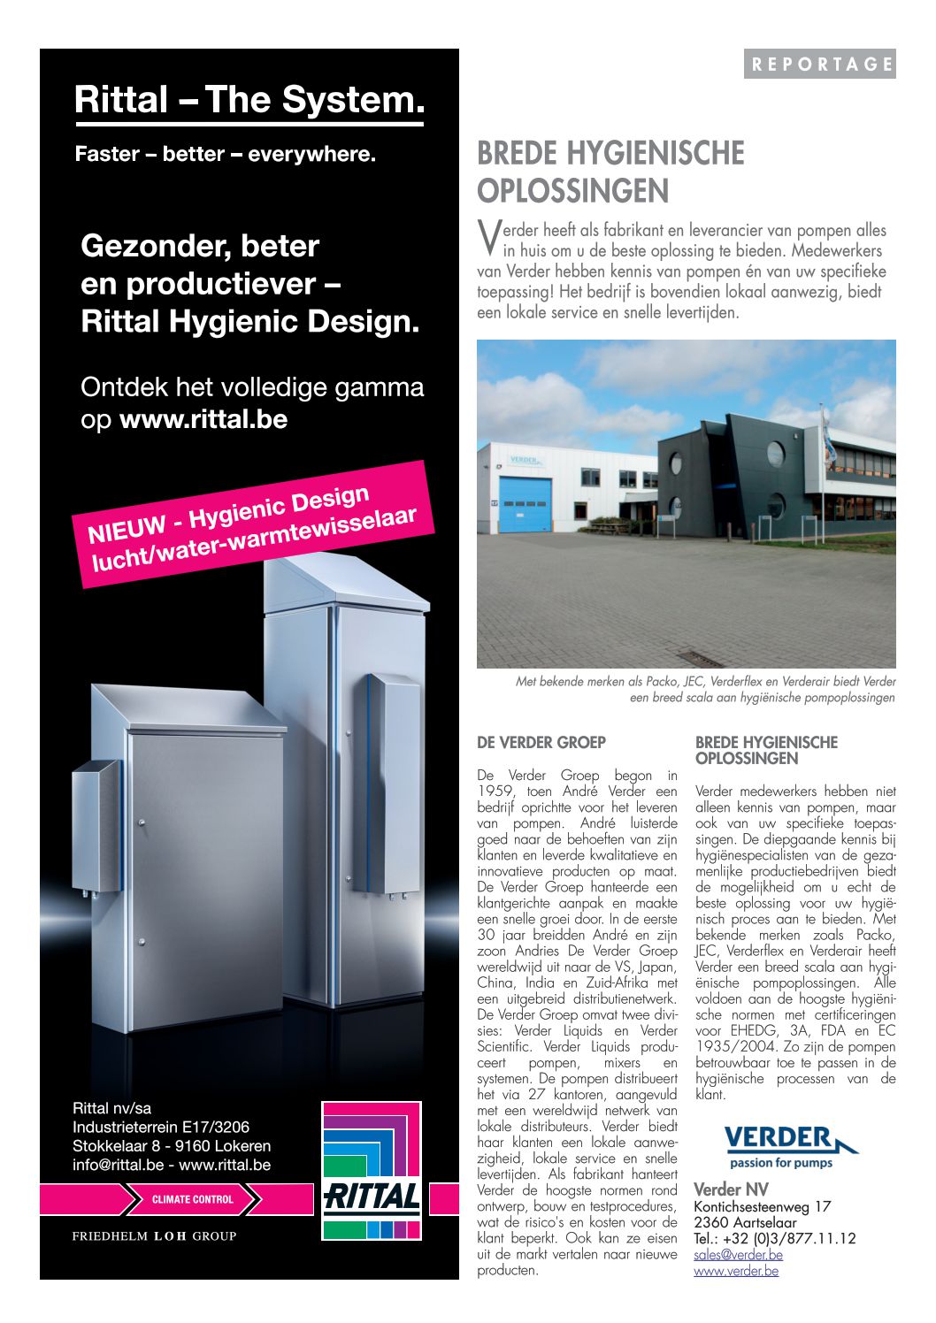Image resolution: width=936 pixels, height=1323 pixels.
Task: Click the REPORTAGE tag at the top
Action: click(x=820, y=64)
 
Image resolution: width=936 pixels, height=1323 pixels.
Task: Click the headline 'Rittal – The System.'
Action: click(x=249, y=99)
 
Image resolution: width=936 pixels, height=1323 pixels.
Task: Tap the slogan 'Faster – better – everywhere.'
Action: click(x=225, y=154)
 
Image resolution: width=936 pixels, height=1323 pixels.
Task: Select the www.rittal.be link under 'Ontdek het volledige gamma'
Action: click(x=203, y=419)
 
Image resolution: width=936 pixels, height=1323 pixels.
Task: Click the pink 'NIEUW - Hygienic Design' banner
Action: click(x=254, y=524)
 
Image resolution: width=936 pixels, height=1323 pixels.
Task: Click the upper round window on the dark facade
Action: click(x=775, y=454)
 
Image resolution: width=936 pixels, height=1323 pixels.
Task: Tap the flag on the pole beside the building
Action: click(x=828, y=432)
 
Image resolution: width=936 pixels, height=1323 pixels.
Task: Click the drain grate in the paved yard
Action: click(x=704, y=659)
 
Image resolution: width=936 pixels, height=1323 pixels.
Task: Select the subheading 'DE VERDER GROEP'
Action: click(x=541, y=743)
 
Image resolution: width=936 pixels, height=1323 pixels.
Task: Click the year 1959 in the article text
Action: click(x=495, y=792)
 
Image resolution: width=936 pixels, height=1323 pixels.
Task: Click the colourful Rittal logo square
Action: click(x=372, y=1170)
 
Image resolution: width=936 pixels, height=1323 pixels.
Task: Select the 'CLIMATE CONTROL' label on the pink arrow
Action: click(x=192, y=1199)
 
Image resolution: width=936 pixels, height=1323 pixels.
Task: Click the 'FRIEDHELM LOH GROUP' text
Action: click(x=154, y=1235)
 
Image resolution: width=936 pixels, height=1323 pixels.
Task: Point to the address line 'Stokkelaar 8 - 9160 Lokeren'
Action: click(x=172, y=1146)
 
